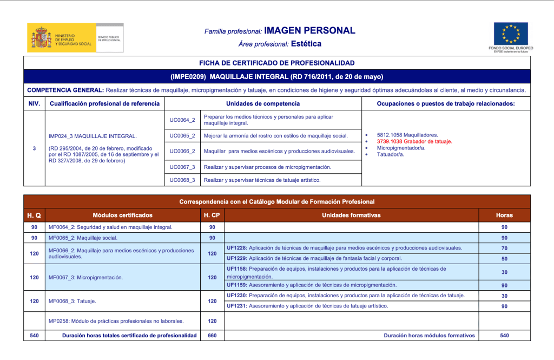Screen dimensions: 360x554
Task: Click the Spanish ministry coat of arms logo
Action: (41, 37)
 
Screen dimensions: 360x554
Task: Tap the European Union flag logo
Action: (510, 34)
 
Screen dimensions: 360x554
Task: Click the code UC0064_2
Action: (182, 120)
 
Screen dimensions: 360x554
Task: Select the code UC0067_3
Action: (182, 167)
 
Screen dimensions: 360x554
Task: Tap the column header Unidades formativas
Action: (351, 215)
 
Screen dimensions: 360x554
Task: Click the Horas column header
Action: (504, 215)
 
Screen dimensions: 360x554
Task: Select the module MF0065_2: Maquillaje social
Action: (83, 238)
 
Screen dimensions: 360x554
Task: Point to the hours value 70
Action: (504, 248)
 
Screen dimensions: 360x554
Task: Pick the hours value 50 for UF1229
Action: (504, 259)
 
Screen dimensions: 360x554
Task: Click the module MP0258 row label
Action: (116, 321)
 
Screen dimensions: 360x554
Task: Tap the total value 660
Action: (212, 336)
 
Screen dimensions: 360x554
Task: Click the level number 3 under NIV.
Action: (34, 147)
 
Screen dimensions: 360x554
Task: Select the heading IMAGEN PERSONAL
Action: (309, 31)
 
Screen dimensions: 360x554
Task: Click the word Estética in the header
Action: (306, 44)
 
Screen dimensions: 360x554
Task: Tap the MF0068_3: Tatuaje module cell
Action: (72, 301)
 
